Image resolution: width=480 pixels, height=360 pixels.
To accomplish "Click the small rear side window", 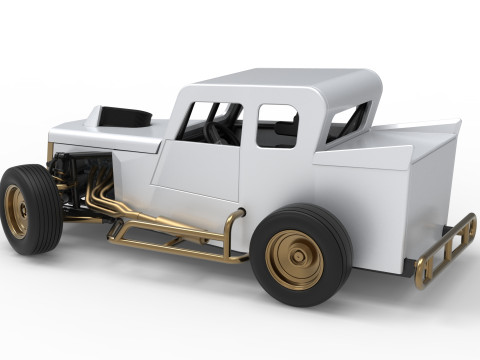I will point(277,126).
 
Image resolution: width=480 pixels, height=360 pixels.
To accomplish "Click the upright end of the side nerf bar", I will point(230,235).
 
